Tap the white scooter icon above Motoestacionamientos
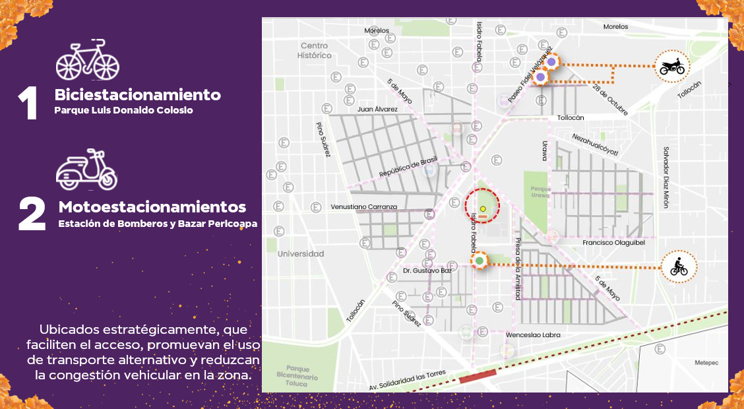pos(86,170)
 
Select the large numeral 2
pos(32,214)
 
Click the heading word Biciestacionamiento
pos(137,95)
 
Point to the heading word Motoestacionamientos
pos(152,207)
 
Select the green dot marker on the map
pos(480,261)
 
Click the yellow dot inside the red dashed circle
pos(483,209)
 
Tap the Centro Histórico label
pos(315,51)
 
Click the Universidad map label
pos(301,254)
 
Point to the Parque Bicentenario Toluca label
pos(301,377)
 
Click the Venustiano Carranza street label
pos(363,206)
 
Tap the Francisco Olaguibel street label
pos(613,243)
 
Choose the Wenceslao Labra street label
pos(533,335)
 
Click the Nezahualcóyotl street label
pos(595,145)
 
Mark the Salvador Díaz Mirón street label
pos(666,177)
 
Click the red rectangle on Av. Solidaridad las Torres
pos(478,377)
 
